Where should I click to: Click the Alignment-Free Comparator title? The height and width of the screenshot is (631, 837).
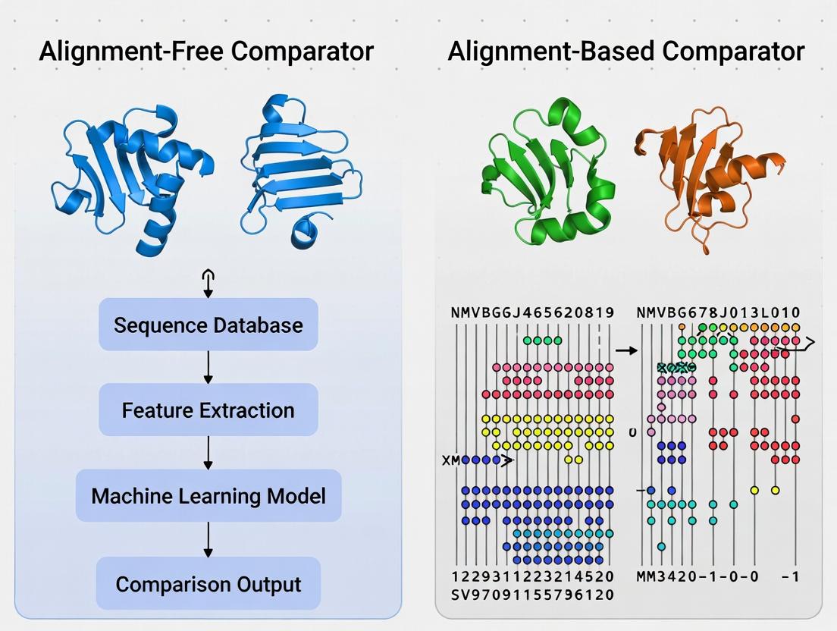(x=206, y=52)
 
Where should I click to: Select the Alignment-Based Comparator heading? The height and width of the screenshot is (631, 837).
(x=625, y=52)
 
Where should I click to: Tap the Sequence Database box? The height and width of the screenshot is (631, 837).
(x=208, y=325)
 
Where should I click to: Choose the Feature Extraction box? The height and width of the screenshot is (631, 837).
(x=208, y=410)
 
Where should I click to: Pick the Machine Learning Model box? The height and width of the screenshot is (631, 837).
(x=208, y=496)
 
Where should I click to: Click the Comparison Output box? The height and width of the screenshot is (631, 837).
(x=208, y=585)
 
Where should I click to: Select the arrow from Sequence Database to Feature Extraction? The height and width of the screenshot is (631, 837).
(x=208, y=367)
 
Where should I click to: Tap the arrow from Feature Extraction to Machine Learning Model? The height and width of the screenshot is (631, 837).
(x=208, y=453)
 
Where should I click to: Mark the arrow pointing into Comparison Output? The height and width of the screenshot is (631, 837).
(x=208, y=539)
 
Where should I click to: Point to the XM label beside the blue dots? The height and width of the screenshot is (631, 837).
(x=451, y=460)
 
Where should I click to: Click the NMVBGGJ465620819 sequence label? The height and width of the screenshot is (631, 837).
(x=531, y=312)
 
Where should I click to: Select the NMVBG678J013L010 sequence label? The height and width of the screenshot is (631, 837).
(x=719, y=312)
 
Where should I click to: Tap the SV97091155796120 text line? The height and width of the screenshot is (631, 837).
(x=531, y=595)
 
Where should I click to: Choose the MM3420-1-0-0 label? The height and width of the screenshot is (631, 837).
(x=697, y=577)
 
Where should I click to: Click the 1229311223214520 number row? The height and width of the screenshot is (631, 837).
(x=531, y=577)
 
